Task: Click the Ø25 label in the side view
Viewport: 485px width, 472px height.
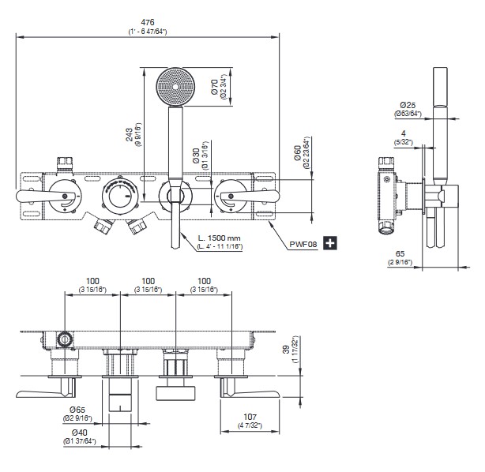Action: pos(408,104)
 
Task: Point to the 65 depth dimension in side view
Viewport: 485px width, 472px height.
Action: pos(403,254)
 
